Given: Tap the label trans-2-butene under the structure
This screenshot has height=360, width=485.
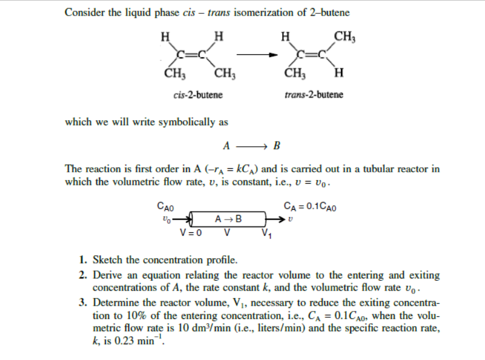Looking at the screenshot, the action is click(314, 94).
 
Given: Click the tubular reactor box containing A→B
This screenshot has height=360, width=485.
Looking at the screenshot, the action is click(228, 219).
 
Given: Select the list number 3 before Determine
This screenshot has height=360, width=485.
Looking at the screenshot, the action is click(84, 302).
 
